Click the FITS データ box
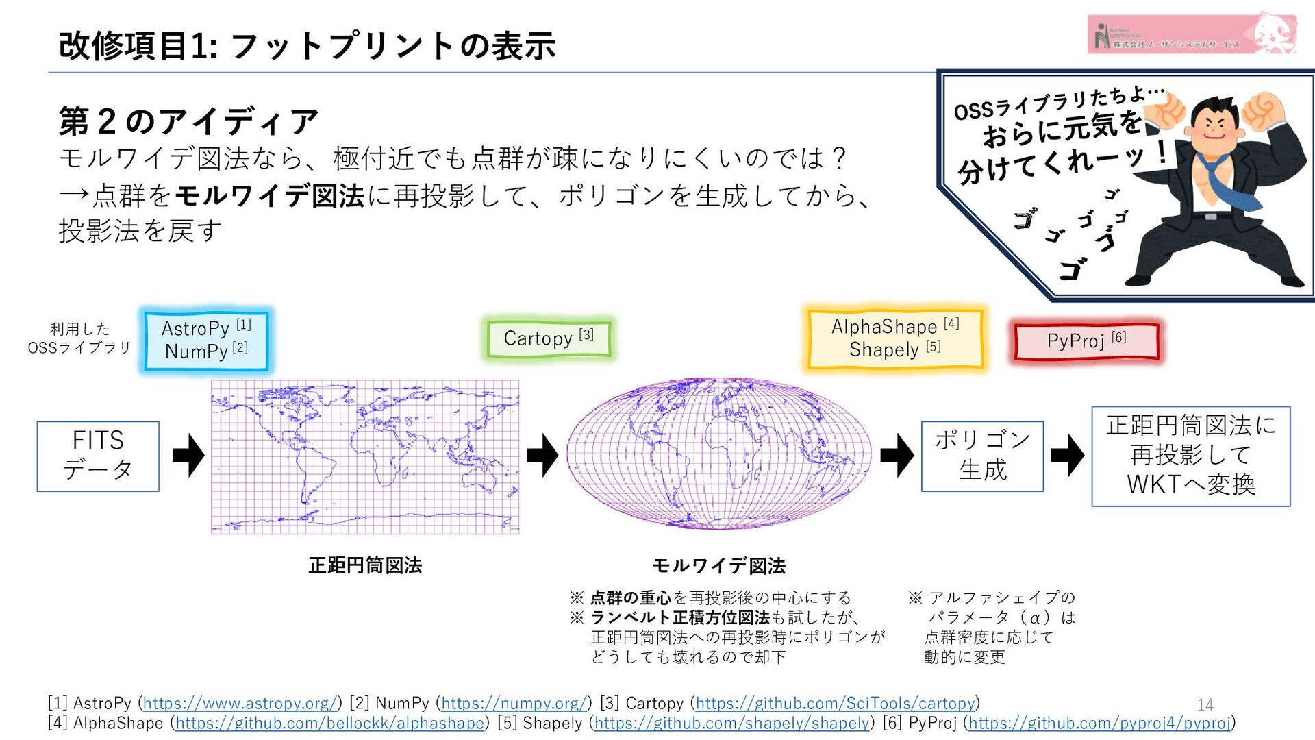click(98, 456)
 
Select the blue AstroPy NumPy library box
click(206, 340)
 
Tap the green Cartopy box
click(548, 338)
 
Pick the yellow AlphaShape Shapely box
click(895, 338)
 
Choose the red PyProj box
click(1086, 341)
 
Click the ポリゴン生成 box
click(982, 456)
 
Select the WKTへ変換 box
click(1190, 456)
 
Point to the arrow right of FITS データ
click(188, 455)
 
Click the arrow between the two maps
click(542, 455)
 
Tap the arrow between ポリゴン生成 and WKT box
click(1067, 455)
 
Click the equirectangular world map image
click(365, 456)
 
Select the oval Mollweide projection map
click(718, 453)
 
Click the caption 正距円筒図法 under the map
click(365, 565)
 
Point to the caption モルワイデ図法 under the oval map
click(718, 565)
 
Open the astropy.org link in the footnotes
click(240, 703)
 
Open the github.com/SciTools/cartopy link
click(835, 703)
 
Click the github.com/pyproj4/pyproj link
click(1100, 723)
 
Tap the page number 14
click(1205, 704)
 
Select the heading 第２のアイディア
click(188, 121)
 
